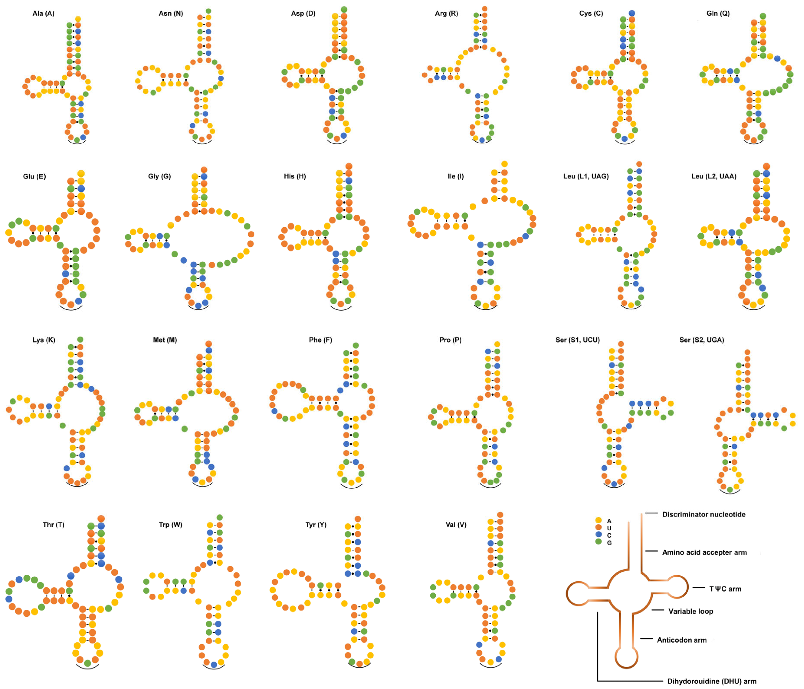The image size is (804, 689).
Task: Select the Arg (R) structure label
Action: pyautogui.click(x=446, y=14)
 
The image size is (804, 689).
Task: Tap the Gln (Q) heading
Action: pyautogui.click(x=718, y=14)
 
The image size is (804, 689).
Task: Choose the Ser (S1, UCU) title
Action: pyautogui.click(x=577, y=340)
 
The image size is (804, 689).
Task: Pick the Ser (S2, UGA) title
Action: pyautogui.click(x=701, y=340)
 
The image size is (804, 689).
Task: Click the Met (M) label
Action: pyautogui.click(x=165, y=340)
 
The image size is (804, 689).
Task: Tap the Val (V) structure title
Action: pyautogui.click(x=456, y=525)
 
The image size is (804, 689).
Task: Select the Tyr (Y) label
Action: pyautogui.click(x=316, y=525)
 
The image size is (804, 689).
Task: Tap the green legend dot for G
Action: pyautogui.click(x=598, y=541)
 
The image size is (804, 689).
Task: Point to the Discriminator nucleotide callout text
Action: pyautogui.click(x=703, y=515)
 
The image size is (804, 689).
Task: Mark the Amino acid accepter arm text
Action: pyautogui.click(x=704, y=552)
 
